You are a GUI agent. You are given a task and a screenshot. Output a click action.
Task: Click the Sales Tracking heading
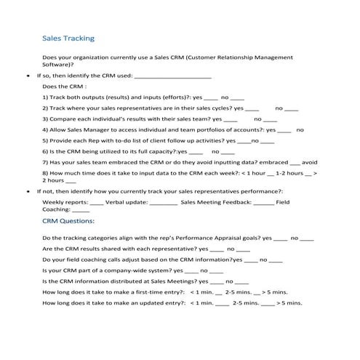(x=68, y=37)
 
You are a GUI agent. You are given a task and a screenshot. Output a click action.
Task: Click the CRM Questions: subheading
(x=68, y=219)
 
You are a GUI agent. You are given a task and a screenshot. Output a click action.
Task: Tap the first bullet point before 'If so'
(x=28, y=74)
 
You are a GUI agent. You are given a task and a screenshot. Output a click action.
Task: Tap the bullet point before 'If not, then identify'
(x=28, y=191)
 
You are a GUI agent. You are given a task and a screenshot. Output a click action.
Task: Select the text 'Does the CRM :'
(x=66, y=85)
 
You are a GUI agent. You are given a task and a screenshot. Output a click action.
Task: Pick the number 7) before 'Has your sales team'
(x=46, y=162)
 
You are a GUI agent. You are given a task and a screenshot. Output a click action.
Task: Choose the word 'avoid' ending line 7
(x=309, y=162)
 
